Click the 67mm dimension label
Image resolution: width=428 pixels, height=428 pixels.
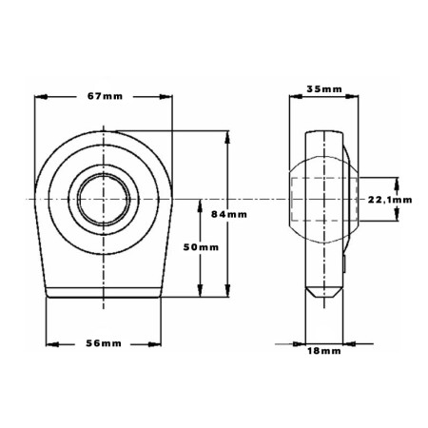click(x=105, y=96)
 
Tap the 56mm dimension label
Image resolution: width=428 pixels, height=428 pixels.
click(x=104, y=343)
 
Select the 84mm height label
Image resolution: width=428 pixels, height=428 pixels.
click(x=229, y=215)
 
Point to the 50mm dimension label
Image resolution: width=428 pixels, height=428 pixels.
click(x=201, y=247)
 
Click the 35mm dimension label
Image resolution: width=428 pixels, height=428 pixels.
click(x=324, y=89)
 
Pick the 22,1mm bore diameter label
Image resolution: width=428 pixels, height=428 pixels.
click(x=390, y=200)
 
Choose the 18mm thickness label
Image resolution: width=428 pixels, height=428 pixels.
click(x=324, y=351)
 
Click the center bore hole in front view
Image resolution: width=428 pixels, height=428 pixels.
click(x=104, y=199)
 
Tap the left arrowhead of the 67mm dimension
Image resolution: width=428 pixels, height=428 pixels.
click(x=41, y=97)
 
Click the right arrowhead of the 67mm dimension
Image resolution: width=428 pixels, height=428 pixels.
click(x=165, y=97)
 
